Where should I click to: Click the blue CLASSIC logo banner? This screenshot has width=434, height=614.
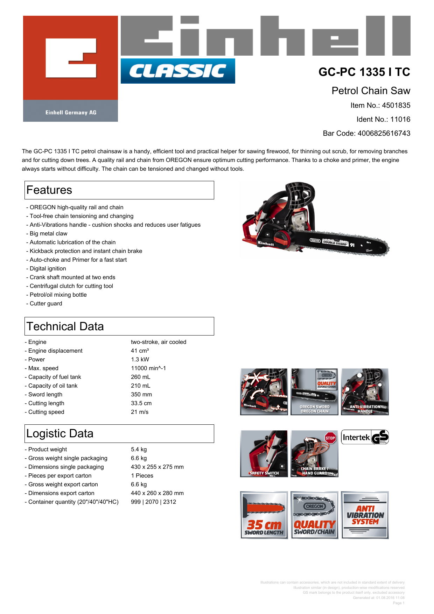coord(178,71)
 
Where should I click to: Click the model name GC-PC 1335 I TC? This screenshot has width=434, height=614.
coord(364,72)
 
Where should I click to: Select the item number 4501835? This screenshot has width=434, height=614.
coord(396,105)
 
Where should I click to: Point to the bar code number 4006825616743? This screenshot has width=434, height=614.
coord(384,133)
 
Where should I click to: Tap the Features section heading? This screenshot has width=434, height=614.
coord(49,190)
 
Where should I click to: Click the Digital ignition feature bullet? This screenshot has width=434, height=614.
coord(48,268)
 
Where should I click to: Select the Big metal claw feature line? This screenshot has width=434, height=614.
coord(48,233)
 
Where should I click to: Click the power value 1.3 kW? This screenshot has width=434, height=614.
coord(140,359)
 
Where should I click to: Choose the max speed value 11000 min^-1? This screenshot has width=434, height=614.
coord(148,368)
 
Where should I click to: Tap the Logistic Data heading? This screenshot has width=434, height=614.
coord(60,433)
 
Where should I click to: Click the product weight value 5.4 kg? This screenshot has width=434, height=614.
coord(139,449)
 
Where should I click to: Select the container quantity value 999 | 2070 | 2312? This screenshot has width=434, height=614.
coord(153,502)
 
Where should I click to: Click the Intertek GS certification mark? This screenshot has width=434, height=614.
coord(365,437)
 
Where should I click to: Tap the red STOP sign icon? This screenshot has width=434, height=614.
coord(330,438)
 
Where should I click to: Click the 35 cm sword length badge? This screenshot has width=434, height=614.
coord(264,515)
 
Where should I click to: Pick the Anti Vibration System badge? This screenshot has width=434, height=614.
coord(365,515)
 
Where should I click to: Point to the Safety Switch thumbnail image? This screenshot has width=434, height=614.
coord(264,454)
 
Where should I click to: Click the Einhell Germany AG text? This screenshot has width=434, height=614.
coord(71,113)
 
